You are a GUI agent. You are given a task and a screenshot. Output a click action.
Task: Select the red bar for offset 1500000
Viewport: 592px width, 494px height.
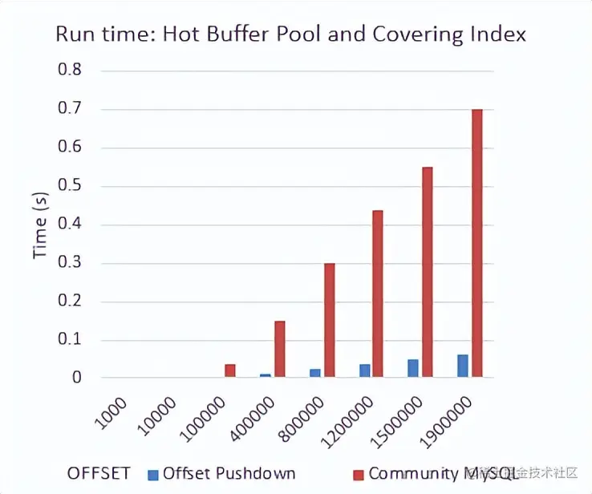coord(427,272)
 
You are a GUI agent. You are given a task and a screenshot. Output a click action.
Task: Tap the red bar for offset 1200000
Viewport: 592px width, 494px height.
coord(378,294)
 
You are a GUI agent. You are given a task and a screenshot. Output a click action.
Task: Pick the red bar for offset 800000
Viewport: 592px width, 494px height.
coord(329,320)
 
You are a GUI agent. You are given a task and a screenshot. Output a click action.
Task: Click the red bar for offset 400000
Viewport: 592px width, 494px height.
coord(280,349)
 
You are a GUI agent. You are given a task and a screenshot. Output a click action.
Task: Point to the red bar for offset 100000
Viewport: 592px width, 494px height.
coord(230,370)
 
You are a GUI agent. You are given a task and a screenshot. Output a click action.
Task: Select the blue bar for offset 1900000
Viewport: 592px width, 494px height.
coord(463,366)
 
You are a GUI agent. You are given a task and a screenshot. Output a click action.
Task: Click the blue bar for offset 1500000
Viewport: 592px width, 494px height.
coord(413,368)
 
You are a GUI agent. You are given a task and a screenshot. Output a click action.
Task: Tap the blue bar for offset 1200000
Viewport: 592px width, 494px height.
coord(364,370)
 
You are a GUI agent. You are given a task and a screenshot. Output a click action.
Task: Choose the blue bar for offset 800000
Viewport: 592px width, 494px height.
coord(315,373)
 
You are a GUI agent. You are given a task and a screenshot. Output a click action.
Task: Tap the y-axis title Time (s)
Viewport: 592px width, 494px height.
coord(41,225)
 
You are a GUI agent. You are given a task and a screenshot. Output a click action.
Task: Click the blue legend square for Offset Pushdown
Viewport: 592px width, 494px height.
coord(152,473)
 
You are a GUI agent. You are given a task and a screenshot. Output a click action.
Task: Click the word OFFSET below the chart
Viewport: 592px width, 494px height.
coord(99,473)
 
